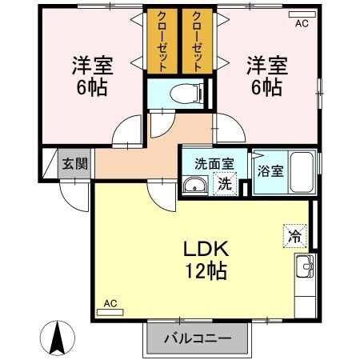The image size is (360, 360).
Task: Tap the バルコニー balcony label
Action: pyautogui.click(x=198, y=338)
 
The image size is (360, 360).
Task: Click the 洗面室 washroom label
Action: pyautogui.click(x=214, y=163)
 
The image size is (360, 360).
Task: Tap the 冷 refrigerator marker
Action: pyautogui.click(x=295, y=236)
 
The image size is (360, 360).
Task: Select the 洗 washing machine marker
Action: pyautogui.click(x=226, y=183)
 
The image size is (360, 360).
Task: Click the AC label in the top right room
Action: pyautogui.click(x=302, y=24)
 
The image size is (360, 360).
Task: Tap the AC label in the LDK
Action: pyautogui.click(x=110, y=304)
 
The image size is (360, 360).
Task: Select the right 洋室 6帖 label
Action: pyautogui.click(x=266, y=74)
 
